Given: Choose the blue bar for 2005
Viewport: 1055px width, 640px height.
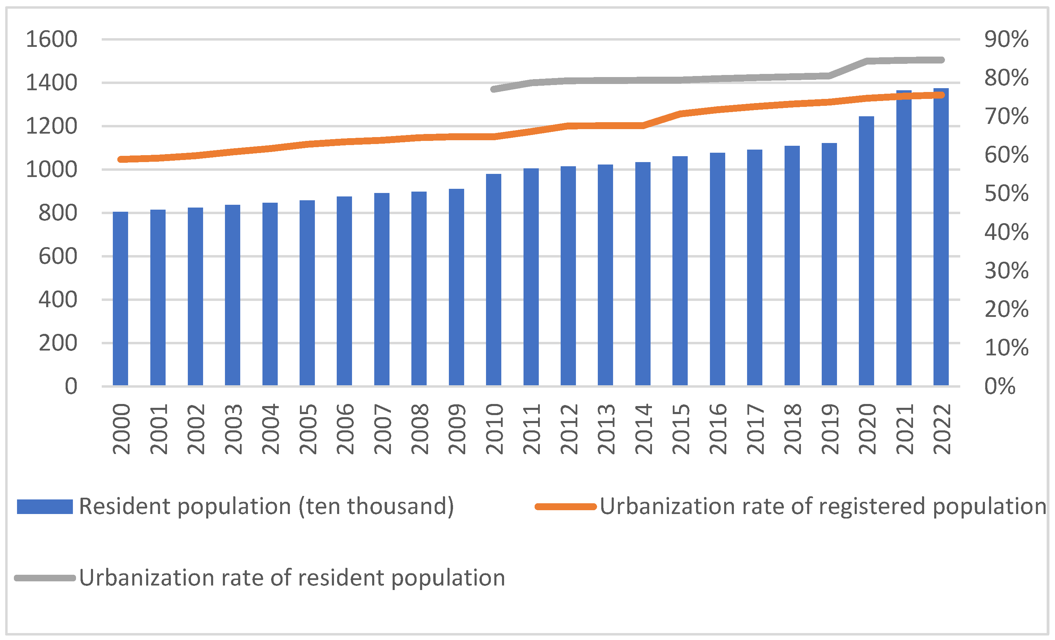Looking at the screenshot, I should click(x=307, y=293).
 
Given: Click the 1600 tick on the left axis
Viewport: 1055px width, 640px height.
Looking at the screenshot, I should click(x=51, y=39).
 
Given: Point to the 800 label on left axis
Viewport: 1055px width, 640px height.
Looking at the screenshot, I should click(x=58, y=213).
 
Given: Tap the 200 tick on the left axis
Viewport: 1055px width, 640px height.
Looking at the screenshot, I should click(x=58, y=343).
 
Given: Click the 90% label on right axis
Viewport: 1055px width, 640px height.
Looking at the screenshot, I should click(x=1006, y=39).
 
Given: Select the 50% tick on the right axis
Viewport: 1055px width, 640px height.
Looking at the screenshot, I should click(x=1006, y=194).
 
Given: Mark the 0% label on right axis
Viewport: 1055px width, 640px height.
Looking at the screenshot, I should click(x=1000, y=386).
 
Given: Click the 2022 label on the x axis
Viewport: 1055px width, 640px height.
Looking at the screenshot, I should click(x=942, y=429).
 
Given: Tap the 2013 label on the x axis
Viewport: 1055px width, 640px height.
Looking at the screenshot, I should click(x=606, y=429).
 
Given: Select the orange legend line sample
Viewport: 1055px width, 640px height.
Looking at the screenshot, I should click(x=566, y=506).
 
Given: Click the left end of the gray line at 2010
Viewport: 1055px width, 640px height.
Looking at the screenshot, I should click(x=494, y=89).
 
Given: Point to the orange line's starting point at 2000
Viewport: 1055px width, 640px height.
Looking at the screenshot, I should click(x=121, y=159).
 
